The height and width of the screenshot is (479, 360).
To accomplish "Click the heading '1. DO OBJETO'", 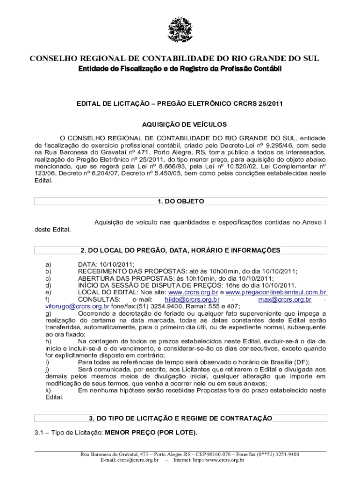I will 180,201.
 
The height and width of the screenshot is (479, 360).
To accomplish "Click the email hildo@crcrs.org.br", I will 192,299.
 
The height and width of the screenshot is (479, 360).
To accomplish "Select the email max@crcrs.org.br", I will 285,299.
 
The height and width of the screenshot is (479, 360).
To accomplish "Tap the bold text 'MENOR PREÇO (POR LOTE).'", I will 151,433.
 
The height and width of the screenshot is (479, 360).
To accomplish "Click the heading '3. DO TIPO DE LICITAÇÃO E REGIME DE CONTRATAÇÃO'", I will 180,418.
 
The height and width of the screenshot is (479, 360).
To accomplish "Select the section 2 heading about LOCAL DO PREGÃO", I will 180,250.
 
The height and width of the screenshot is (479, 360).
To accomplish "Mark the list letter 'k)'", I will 48,390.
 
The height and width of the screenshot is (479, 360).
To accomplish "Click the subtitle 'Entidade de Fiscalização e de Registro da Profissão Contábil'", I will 180,70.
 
